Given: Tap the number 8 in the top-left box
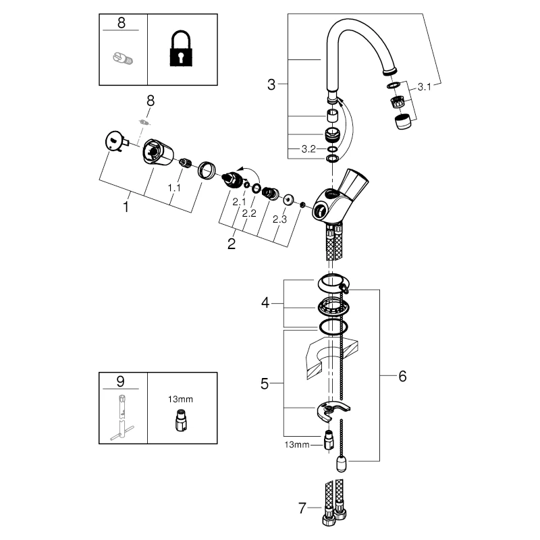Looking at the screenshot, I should tap(121, 22).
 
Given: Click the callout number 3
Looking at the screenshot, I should tap(271, 85).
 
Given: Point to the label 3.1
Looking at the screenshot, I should tap(424, 86).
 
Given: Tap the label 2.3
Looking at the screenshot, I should tap(280, 219).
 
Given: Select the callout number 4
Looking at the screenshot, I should tap(266, 304).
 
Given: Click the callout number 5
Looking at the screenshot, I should tap(265, 385).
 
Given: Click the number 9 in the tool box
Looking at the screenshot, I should tap(121, 380).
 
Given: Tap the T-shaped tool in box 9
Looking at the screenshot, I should tap(123, 416).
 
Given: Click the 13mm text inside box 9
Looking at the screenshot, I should tap(180, 399).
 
